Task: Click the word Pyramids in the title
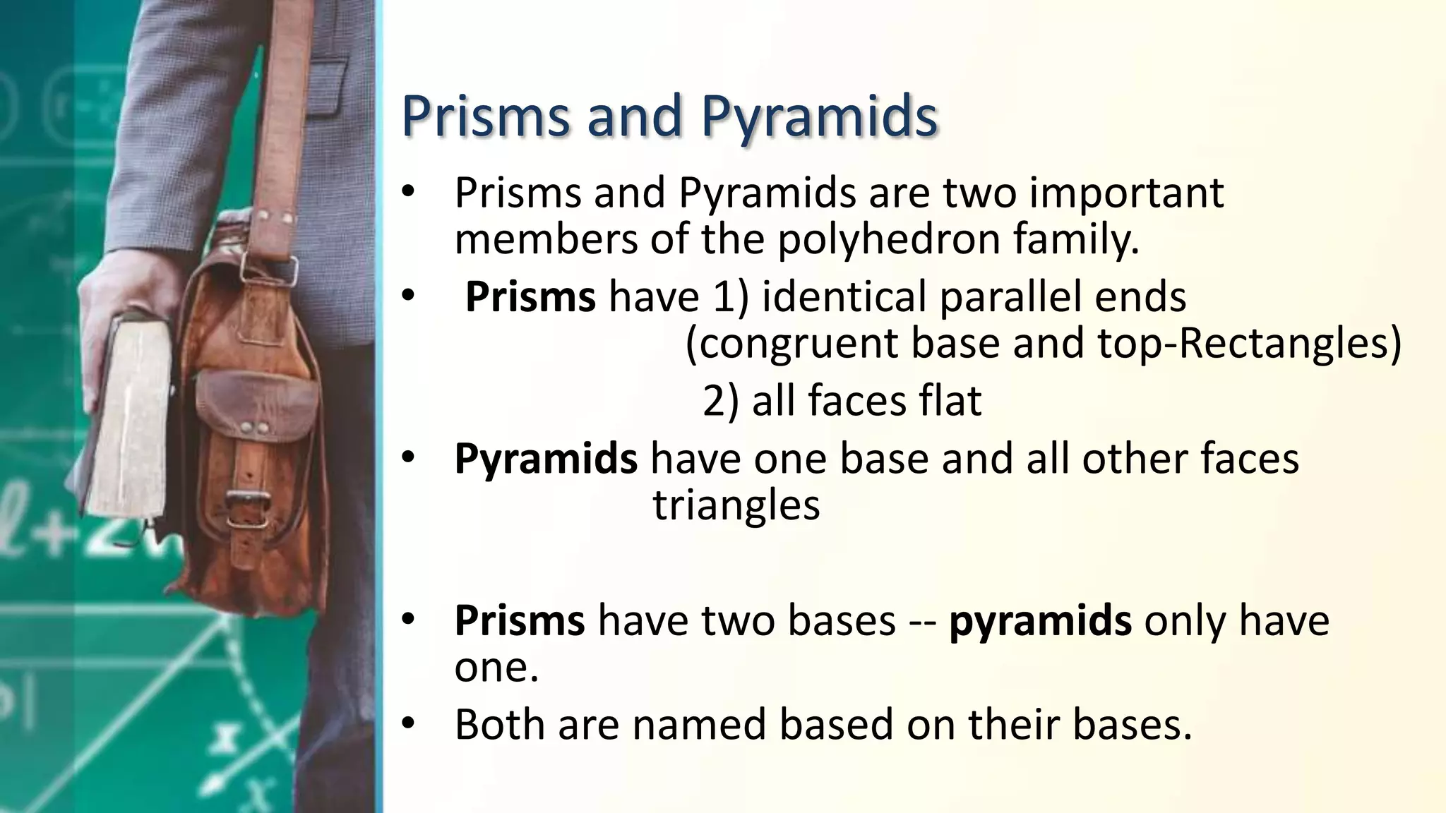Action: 819,116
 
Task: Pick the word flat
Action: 950,400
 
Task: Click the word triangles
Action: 736,505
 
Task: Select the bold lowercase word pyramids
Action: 1040,620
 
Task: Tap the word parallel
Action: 1010,296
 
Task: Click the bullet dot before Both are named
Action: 409,724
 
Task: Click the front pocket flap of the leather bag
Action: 256,406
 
